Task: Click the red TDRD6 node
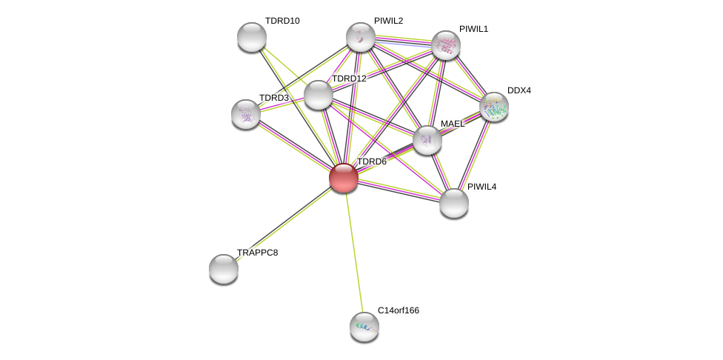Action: [343, 178]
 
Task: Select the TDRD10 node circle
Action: [252, 37]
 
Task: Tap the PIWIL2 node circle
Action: [361, 37]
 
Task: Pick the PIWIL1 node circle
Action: [446, 45]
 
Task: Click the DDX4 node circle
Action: [494, 107]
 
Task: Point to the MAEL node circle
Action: [427, 140]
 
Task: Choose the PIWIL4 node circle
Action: [454, 203]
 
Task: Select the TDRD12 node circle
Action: [319, 95]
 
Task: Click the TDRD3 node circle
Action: [246, 114]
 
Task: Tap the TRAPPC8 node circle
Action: [224, 269]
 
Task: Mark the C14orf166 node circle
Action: [364, 327]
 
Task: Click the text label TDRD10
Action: [282, 21]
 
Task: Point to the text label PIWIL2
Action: [388, 21]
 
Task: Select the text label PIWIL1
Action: [473, 29]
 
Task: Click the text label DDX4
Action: [519, 90]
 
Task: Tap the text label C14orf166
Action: [398, 310]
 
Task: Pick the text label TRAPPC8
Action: [257, 253]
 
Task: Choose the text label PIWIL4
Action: [482, 187]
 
